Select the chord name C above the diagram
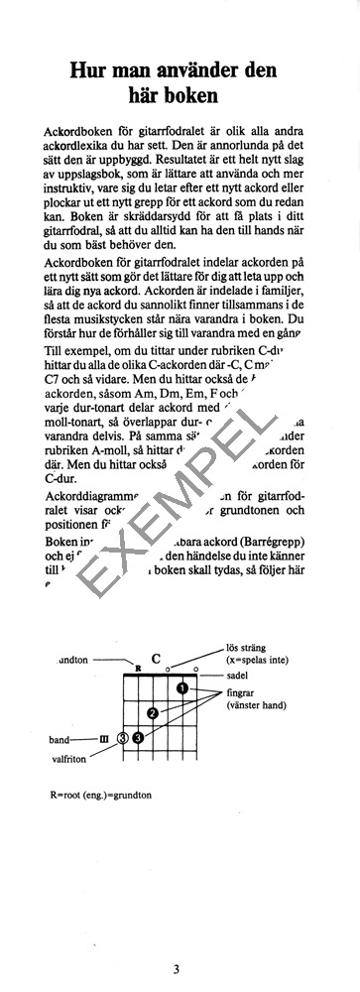(x=156, y=658)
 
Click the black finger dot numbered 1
(x=182, y=688)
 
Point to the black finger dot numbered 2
(x=153, y=712)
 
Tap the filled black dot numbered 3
(x=138, y=737)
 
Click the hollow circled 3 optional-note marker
(x=123, y=737)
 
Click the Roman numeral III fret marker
(x=103, y=738)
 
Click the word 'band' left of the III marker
(x=60, y=739)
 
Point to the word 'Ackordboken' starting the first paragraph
(x=72, y=132)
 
